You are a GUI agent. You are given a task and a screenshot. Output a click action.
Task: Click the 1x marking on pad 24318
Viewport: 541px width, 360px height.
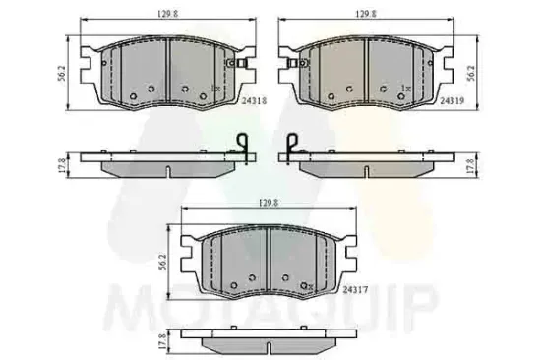click(x=214, y=89)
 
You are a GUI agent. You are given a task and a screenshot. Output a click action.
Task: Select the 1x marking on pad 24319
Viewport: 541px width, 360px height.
click(x=405, y=89)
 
